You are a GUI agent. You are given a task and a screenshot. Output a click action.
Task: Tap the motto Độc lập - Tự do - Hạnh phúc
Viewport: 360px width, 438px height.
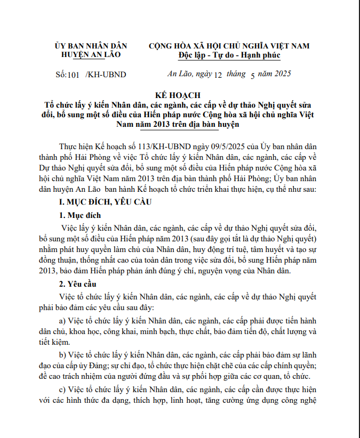229,55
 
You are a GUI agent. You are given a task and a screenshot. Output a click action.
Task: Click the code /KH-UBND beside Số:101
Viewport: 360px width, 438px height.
106,75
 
